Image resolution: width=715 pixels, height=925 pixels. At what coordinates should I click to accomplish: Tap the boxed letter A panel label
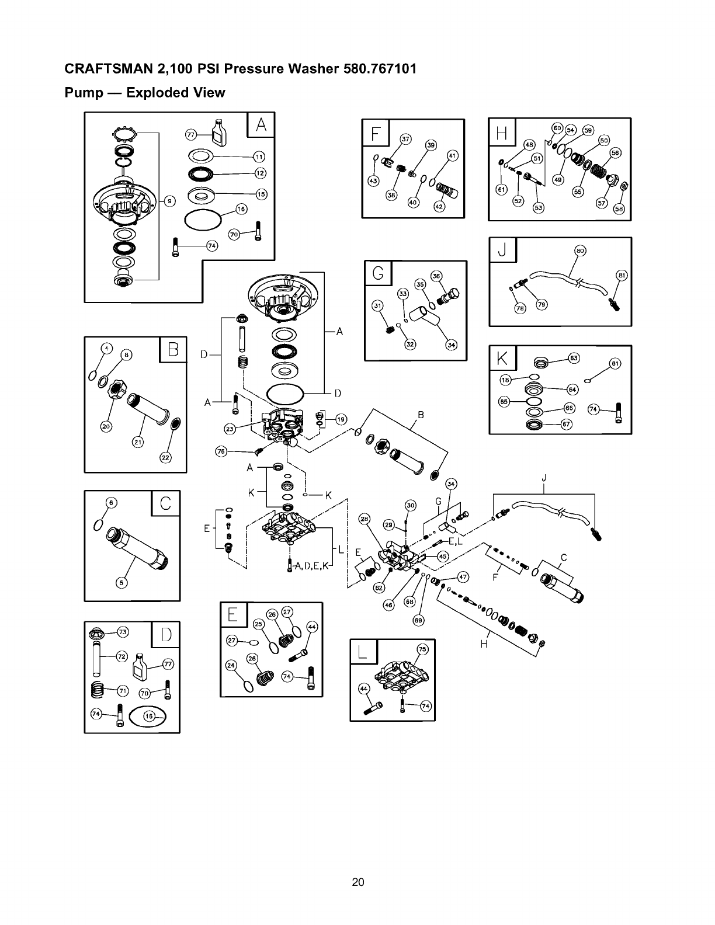[261, 124]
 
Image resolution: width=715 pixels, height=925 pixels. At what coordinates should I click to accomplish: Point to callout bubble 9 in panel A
[169, 201]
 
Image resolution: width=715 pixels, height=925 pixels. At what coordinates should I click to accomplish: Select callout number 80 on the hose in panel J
[580, 251]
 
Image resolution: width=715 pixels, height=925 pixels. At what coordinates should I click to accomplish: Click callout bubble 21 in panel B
[137, 442]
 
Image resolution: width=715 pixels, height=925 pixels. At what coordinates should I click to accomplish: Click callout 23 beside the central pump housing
[231, 429]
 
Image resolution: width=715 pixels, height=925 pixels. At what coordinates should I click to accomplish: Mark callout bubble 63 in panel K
[574, 357]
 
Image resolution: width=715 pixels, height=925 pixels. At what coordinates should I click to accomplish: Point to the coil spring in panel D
[102, 690]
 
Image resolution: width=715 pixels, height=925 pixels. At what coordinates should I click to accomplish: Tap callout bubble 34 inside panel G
[451, 345]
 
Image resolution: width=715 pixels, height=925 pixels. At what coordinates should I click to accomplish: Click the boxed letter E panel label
[233, 615]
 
